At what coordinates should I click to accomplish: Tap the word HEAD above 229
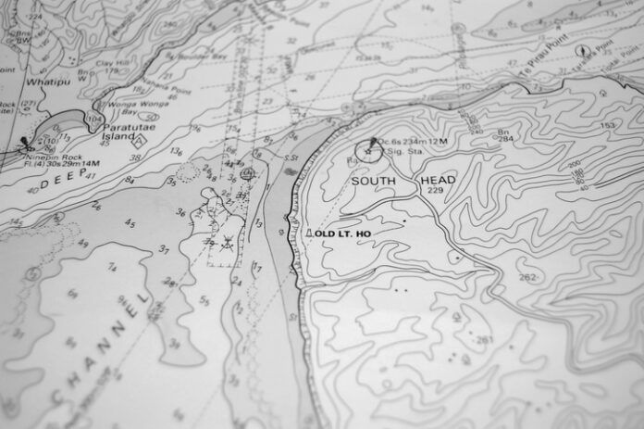(x=436, y=180)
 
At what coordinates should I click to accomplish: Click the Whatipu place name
(x=46, y=82)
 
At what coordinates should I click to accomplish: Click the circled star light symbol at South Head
(x=368, y=150)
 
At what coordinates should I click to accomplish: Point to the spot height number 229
(x=436, y=190)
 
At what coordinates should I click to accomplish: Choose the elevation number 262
(x=527, y=277)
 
